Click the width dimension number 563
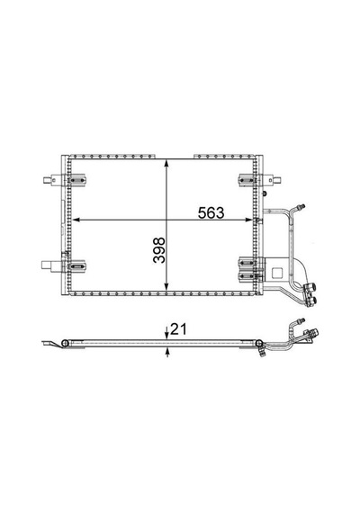pos(211,213)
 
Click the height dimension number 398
pos(159,250)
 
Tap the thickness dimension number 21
pos(178,329)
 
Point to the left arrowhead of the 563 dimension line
pos(76,220)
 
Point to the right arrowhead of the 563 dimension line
pos(249,220)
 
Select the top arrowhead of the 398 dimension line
pos(166,164)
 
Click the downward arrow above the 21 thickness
pos(166,332)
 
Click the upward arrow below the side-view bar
pos(167,353)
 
